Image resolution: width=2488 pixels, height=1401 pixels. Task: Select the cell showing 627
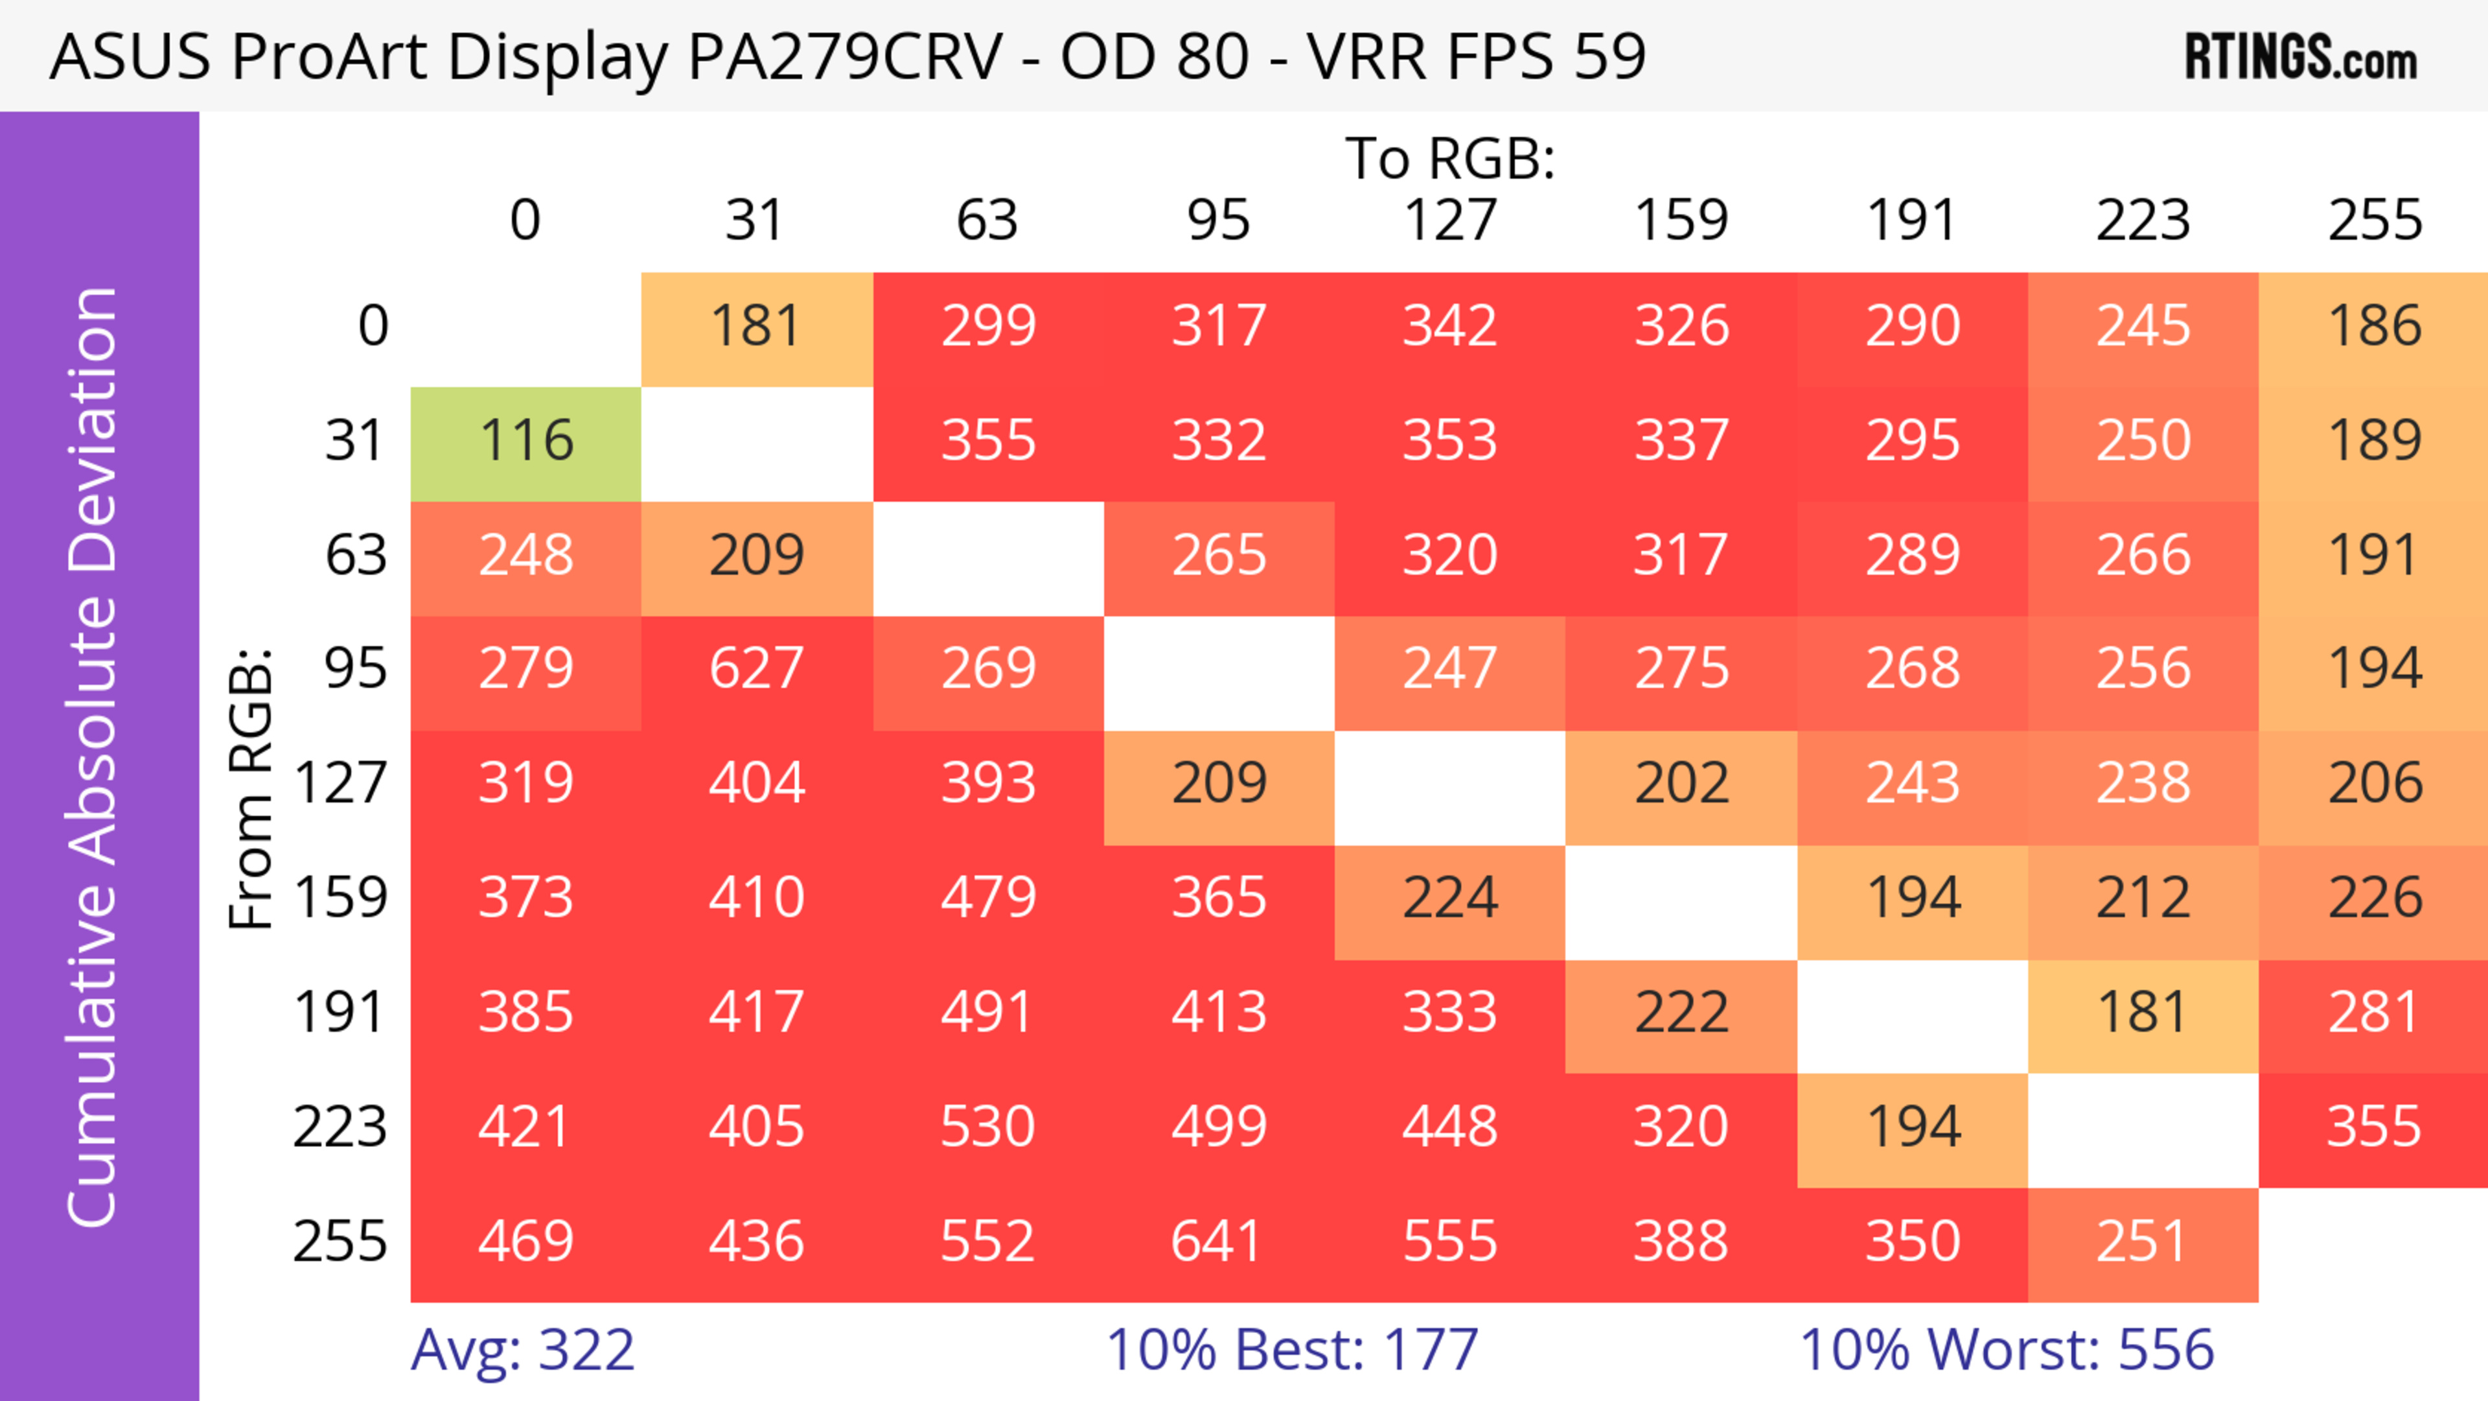756,670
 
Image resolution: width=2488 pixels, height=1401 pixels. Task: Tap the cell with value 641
1218,1243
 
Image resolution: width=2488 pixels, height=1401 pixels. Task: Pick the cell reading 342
1450,327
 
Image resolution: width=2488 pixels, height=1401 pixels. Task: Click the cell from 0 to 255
2374,327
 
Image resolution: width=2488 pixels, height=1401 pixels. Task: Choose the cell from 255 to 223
2142,1243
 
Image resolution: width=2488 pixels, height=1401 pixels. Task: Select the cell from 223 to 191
1913,1127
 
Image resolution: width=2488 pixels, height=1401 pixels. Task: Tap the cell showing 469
525,1243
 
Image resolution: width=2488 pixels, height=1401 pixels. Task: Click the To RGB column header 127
1450,220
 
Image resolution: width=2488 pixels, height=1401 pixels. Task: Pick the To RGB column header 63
987,220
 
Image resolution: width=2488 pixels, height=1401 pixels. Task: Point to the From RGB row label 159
341,899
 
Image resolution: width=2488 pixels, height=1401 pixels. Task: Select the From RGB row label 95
356,670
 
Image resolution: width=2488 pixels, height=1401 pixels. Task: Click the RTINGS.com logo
2301,58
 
